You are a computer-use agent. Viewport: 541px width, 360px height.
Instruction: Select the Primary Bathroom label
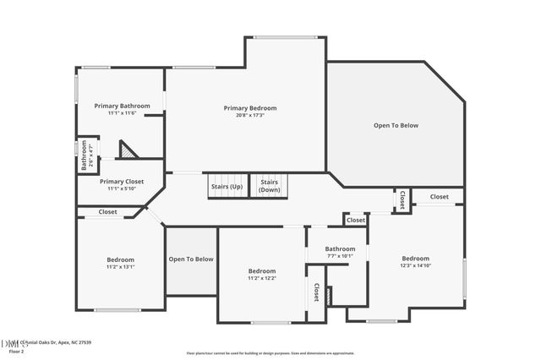(x=122, y=106)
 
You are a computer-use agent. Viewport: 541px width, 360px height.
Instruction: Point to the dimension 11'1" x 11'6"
(x=122, y=113)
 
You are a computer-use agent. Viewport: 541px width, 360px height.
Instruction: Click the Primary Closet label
(x=122, y=181)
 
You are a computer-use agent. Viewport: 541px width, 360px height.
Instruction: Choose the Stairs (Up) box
(x=226, y=186)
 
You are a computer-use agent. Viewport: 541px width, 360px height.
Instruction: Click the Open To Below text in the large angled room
(x=396, y=125)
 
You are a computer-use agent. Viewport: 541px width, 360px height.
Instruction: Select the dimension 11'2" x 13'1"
(x=121, y=267)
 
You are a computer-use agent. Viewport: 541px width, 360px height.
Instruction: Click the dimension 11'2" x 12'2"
(x=262, y=278)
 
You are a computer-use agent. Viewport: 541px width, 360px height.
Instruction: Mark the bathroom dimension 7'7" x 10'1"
(x=335, y=256)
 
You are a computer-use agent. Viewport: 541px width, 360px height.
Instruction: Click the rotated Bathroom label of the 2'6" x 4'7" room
(x=85, y=155)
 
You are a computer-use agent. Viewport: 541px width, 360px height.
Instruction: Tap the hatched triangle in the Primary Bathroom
(x=127, y=150)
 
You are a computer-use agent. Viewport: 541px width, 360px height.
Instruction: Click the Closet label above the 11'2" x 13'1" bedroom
(x=107, y=212)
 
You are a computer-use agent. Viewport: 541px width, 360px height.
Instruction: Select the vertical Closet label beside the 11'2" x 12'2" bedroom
(x=316, y=292)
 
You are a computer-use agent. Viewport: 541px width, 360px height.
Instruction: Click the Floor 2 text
(x=11, y=352)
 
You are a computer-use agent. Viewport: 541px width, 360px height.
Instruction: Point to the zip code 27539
(x=82, y=343)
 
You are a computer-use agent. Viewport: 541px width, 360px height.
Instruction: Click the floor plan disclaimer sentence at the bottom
(x=270, y=352)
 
